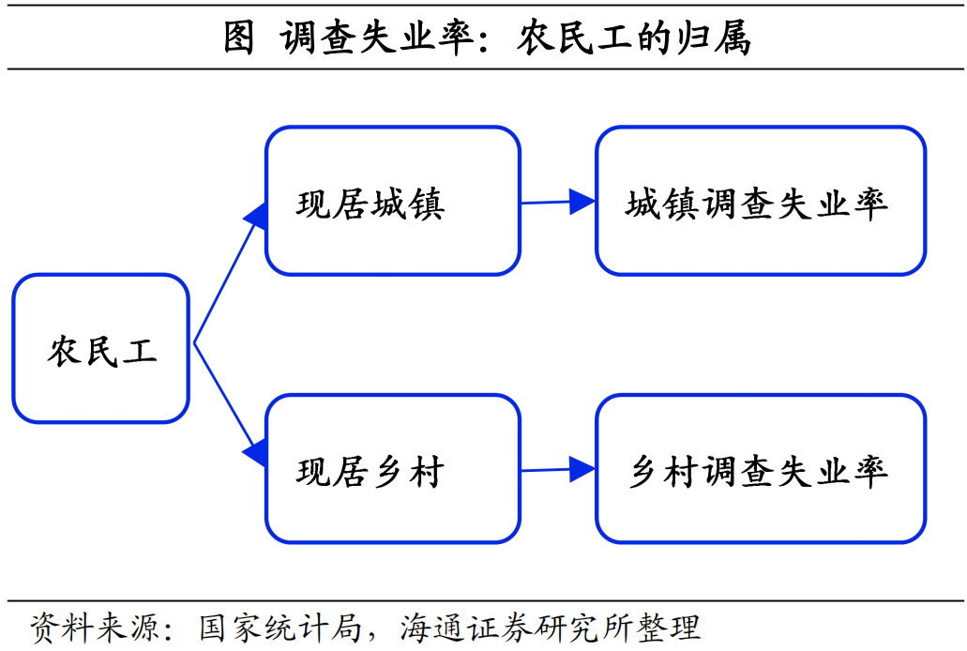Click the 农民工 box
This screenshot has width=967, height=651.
[100, 348]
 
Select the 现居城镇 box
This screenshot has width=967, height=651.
[392, 201]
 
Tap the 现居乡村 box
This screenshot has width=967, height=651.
[392, 468]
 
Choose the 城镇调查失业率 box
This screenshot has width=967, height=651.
[760, 201]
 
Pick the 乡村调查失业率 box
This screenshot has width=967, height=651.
[760, 468]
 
